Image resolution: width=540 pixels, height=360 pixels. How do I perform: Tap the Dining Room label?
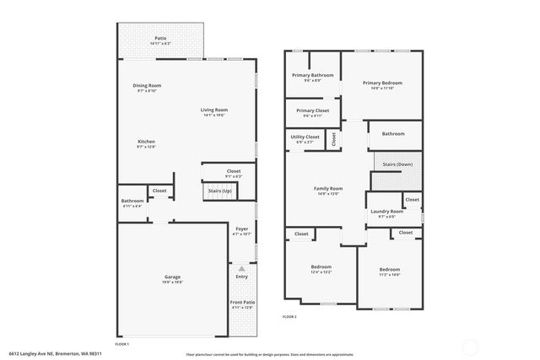click(x=147, y=85)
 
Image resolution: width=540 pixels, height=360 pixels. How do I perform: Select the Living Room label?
click(x=214, y=110)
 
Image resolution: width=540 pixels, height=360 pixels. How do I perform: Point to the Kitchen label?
click(x=147, y=141)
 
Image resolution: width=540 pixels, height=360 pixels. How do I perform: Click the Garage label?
click(x=172, y=277)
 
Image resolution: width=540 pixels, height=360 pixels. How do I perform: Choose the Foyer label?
click(x=242, y=228)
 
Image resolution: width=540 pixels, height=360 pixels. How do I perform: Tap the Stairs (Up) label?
click(x=219, y=191)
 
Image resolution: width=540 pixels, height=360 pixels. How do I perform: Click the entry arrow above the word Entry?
click(x=242, y=268)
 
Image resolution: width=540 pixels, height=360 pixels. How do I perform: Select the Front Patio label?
click(x=242, y=302)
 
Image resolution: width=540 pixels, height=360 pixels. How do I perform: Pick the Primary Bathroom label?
click(x=313, y=75)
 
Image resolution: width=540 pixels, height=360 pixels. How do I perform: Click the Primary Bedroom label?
click(x=382, y=83)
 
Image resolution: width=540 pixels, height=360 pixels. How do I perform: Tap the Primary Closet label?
click(x=312, y=110)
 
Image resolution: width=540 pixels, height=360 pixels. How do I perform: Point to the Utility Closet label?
click(x=305, y=137)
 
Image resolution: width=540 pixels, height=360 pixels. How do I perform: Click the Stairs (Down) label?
click(x=397, y=164)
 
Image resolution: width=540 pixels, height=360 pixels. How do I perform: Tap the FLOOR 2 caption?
click(x=289, y=316)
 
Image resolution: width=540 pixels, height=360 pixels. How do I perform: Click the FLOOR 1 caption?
click(x=121, y=344)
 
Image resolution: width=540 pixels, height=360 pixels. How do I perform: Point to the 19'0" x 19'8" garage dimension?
click(x=172, y=282)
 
